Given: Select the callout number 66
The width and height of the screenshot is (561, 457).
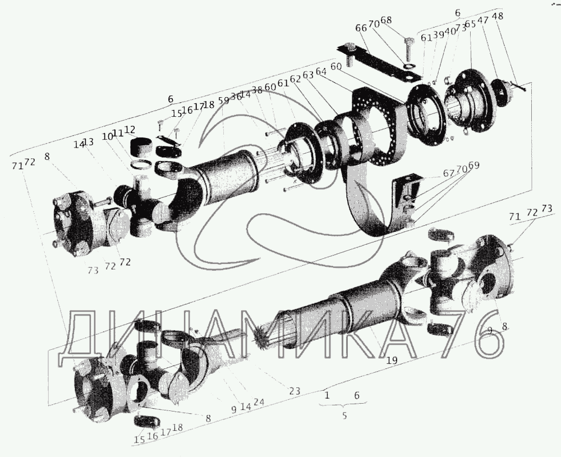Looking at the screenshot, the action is [361, 28].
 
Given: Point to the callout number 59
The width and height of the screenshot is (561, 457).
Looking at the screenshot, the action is [224, 100].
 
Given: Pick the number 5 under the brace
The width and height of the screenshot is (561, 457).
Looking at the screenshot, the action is [344, 416].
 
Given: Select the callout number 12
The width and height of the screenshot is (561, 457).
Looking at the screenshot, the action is [130, 130].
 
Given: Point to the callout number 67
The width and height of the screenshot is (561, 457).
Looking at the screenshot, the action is [448, 173].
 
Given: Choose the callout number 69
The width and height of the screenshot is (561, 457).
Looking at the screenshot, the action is [473, 165].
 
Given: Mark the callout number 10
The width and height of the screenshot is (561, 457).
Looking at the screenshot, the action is [106, 136].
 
